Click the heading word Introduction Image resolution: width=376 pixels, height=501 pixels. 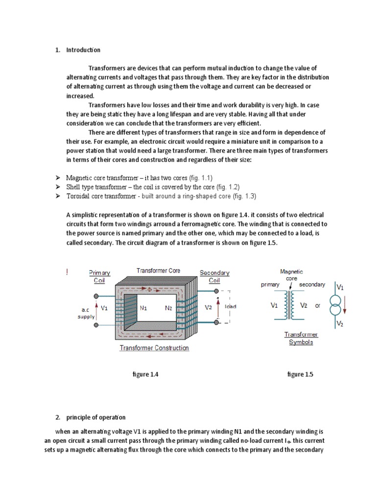click(84, 50)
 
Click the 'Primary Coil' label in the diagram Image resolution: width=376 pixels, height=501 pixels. click(99, 276)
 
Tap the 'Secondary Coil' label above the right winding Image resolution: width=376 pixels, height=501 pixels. click(214, 276)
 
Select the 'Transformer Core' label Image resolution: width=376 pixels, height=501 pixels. click(158, 270)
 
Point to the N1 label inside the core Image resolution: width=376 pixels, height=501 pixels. click(143, 308)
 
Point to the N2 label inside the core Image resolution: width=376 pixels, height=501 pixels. click(169, 308)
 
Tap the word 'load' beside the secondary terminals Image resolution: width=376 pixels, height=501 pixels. click(230, 306)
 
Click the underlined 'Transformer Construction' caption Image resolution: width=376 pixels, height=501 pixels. click(154, 348)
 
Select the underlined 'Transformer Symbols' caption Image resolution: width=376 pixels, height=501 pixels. click(302, 339)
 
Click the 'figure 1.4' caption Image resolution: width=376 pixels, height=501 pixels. click(146, 374)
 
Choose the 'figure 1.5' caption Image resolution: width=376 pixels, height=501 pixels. click(300, 374)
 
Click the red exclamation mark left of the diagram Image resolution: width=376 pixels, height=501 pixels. click(67, 273)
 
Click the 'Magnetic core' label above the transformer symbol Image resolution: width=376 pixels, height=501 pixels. click(291, 274)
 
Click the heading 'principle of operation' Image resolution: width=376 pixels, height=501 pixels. click(96, 417)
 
